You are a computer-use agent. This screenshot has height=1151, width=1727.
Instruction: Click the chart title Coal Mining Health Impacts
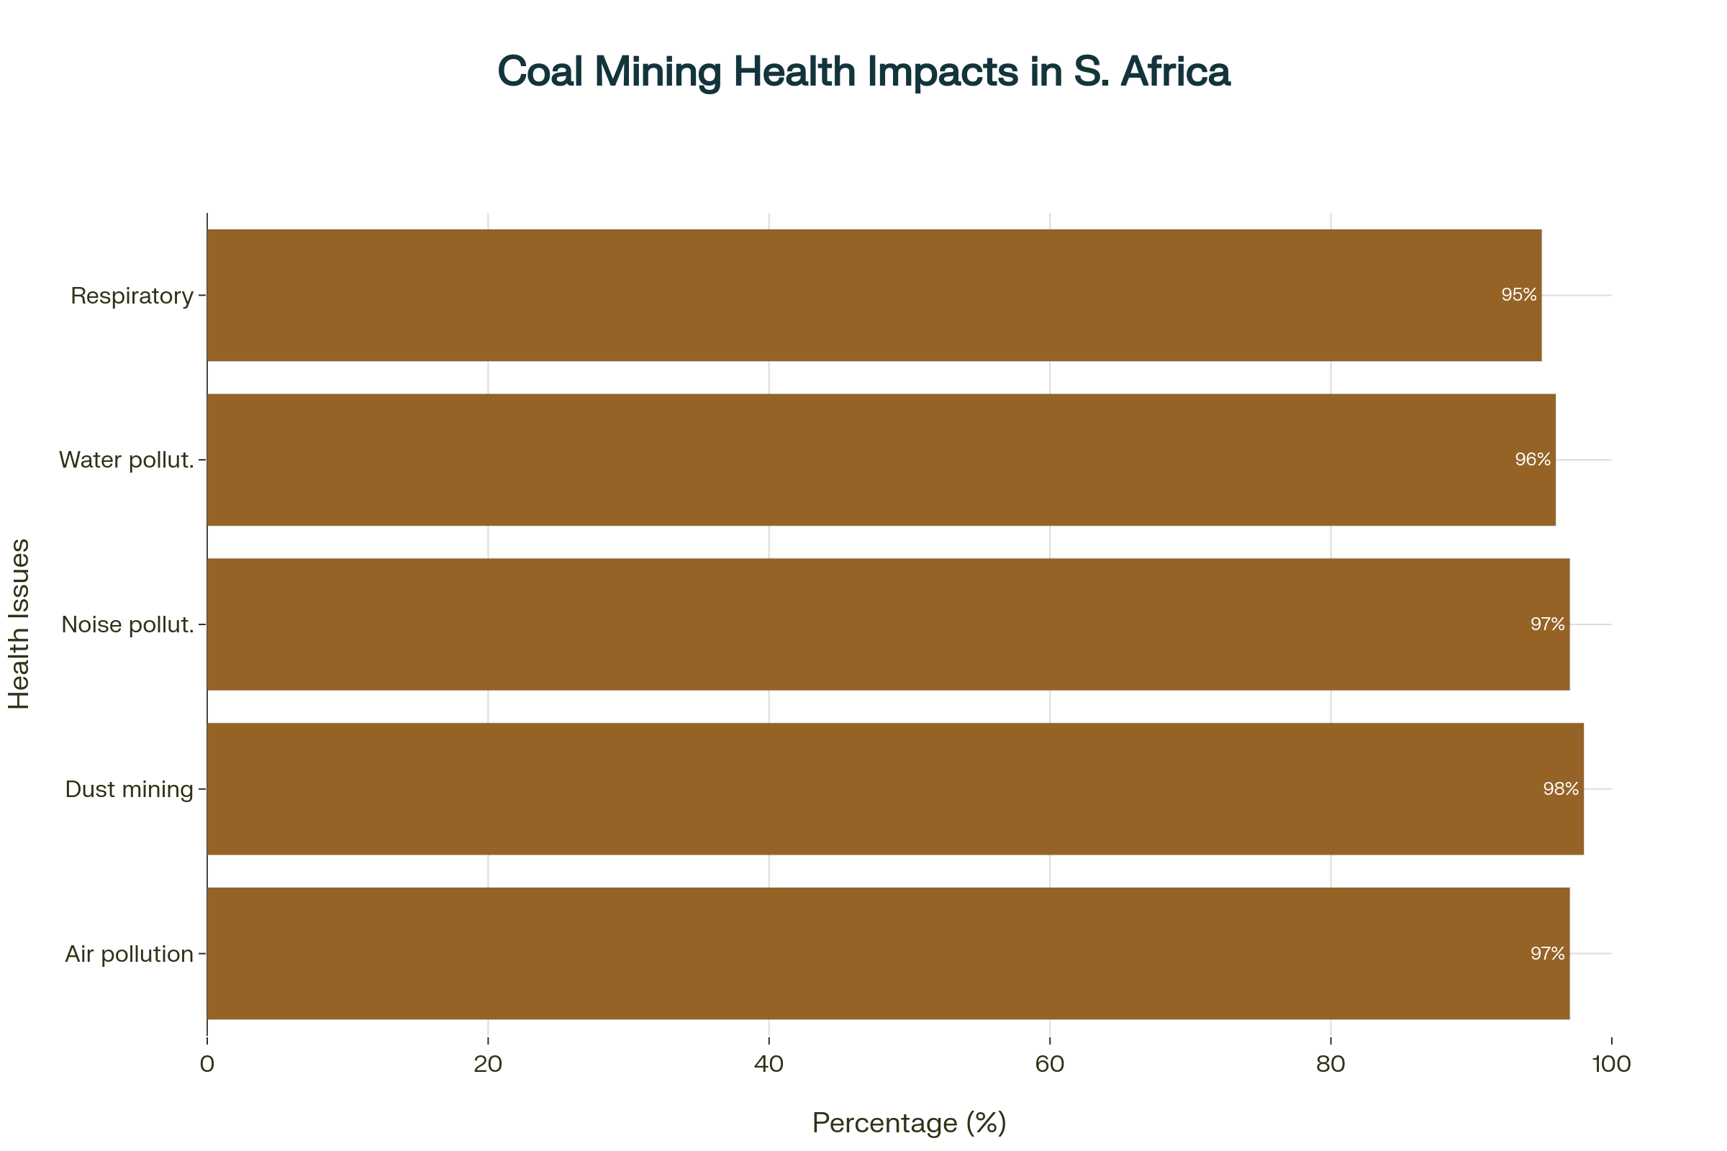(x=863, y=72)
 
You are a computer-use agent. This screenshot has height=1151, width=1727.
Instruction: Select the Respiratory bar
(x=874, y=295)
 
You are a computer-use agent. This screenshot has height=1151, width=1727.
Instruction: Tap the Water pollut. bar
(x=881, y=460)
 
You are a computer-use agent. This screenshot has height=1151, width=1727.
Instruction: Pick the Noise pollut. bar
(x=889, y=624)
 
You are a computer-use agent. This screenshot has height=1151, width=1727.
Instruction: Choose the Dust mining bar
(x=895, y=789)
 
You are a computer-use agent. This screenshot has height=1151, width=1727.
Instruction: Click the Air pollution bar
(x=889, y=954)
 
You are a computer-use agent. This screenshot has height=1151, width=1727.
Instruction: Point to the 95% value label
(x=1518, y=295)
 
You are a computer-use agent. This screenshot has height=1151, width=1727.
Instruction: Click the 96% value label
(x=1533, y=460)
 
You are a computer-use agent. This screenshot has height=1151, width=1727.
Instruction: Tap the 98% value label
(x=1560, y=789)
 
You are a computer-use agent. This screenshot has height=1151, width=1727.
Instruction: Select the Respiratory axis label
(x=132, y=296)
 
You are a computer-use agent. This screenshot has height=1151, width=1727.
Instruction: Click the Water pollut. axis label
(x=127, y=460)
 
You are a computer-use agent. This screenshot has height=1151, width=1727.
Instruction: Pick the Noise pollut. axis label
(x=128, y=624)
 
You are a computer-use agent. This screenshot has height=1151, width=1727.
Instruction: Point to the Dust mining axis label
(x=130, y=789)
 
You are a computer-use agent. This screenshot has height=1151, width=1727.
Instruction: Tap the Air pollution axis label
(x=130, y=955)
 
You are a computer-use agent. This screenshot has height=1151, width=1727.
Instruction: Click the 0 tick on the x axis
(x=207, y=1064)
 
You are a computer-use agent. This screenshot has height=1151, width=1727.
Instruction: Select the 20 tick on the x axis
(x=488, y=1064)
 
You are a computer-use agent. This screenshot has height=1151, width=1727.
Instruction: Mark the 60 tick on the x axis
(x=1049, y=1064)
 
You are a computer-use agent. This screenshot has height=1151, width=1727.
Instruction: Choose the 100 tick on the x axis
(x=1611, y=1064)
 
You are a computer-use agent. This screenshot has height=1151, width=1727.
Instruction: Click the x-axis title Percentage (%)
(x=908, y=1123)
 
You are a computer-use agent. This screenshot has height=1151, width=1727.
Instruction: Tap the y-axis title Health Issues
(x=19, y=624)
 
